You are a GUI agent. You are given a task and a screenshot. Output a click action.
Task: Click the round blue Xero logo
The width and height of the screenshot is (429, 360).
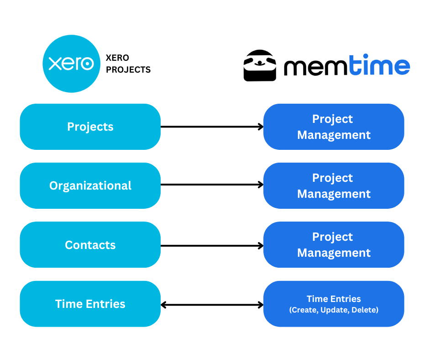pos(71,64)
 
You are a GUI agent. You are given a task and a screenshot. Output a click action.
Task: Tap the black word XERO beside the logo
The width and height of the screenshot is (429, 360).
pos(117,58)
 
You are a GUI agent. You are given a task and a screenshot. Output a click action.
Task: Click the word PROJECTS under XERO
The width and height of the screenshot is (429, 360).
pos(128,70)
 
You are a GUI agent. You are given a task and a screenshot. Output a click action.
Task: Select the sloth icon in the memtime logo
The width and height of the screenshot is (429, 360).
pos(260,65)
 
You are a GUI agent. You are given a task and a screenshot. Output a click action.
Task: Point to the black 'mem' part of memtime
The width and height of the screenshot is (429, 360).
pos(312,67)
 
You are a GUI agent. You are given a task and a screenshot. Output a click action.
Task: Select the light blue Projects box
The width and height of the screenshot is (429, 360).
pos(90,127)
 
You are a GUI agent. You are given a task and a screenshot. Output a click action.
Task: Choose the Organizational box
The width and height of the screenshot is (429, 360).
pos(90,185)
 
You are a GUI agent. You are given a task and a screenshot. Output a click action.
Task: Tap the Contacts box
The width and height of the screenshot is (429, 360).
pos(90,245)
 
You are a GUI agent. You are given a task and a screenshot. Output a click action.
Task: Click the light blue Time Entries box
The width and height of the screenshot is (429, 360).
pos(90,304)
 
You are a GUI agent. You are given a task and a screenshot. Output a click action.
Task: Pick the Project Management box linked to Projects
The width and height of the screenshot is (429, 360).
pos(334,127)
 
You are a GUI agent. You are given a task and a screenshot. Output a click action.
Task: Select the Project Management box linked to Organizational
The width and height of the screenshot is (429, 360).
pos(334,185)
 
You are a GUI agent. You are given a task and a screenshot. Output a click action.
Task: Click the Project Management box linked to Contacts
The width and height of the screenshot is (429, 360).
pos(334,245)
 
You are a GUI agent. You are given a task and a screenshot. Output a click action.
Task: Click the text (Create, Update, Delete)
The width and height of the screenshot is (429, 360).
pos(334,311)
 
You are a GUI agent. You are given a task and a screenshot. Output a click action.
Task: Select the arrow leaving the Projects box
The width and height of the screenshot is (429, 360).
pos(212,127)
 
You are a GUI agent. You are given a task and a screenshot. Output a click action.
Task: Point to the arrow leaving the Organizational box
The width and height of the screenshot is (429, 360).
pos(212,185)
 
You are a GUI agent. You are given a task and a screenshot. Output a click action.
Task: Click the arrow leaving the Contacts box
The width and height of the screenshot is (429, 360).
pos(212,246)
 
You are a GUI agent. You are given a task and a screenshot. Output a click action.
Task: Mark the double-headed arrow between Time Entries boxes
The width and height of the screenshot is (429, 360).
pos(212,305)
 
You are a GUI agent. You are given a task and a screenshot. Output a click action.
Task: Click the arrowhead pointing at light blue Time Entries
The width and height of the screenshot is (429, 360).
pos(163,305)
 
